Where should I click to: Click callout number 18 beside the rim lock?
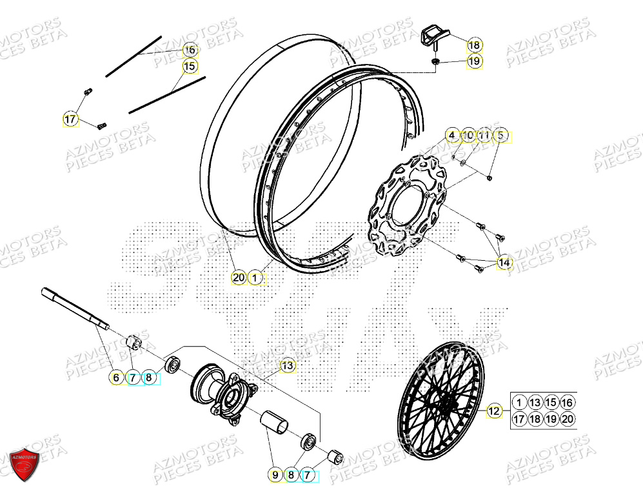click(474, 45)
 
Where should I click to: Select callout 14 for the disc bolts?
click(504, 263)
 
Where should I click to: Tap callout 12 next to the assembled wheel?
click(493, 410)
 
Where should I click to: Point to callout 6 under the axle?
click(115, 378)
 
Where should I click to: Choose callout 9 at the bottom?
click(275, 475)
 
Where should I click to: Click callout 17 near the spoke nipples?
click(70, 119)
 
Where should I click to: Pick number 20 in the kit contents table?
click(567, 418)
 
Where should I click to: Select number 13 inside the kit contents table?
click(535, 402)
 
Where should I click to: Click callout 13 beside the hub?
click(287, 366)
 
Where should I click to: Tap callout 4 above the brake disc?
click(452, 136)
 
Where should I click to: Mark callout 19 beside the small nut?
click(474, 61)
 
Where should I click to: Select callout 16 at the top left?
click(190, 50)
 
